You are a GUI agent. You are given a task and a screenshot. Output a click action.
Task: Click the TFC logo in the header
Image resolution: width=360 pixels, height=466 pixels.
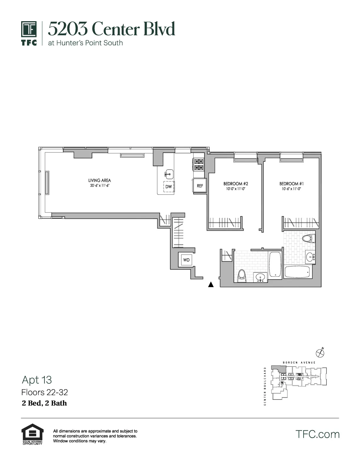[x=29, y=33]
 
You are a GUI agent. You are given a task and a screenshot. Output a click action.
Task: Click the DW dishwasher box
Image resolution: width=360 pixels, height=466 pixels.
[x=169, y=187]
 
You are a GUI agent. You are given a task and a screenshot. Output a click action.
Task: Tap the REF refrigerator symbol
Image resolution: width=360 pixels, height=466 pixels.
[x=200, y=186]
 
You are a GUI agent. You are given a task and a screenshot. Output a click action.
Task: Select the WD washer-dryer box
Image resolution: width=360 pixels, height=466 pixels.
[x=186, y=260]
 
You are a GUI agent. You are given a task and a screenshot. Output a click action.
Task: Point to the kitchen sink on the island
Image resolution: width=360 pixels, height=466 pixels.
[x=169, y=174]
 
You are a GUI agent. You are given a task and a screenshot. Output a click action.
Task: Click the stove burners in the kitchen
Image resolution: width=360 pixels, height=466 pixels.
[x=198, y=164]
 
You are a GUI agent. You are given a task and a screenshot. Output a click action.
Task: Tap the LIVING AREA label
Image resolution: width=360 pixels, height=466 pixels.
[x=99, y=180]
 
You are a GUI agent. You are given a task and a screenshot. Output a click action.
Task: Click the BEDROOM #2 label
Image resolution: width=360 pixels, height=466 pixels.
[x=236, y=184]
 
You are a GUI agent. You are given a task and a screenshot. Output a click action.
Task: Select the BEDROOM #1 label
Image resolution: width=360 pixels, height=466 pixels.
[x=291, y=184]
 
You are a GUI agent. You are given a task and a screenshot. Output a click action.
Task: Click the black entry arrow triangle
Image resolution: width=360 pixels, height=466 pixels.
[x=211, y=284]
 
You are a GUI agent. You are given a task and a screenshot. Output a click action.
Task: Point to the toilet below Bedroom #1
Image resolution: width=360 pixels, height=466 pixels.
[x=308, y=238]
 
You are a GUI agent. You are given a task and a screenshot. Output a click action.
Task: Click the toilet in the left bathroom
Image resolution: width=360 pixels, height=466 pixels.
[x=242, y=276]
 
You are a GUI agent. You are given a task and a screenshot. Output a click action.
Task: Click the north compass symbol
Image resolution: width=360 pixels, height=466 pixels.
[x=320, y=352]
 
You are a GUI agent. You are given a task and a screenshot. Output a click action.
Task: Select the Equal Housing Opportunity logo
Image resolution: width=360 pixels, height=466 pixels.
[x=32, y=434]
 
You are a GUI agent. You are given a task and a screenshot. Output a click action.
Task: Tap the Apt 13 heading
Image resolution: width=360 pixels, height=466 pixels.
[x=37, y=380]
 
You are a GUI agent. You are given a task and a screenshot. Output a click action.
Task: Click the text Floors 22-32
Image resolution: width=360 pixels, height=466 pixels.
[x=45, y=392]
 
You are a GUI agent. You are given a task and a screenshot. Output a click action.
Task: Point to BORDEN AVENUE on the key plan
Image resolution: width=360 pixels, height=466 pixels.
[x=299, y=362]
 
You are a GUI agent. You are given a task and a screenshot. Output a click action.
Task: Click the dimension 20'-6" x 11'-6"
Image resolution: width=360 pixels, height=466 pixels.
[x=100, y=186]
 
